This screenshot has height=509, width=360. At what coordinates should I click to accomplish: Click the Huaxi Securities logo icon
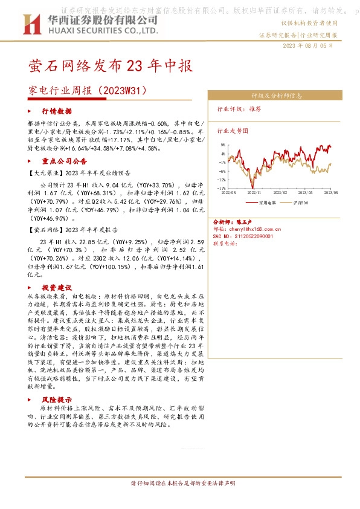click(29, 25)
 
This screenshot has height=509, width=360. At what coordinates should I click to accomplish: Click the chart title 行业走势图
click(233, 129)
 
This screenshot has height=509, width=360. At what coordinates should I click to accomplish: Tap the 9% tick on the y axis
click(223, 145)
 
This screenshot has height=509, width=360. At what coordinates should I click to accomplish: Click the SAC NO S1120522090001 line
click(244, 237)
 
